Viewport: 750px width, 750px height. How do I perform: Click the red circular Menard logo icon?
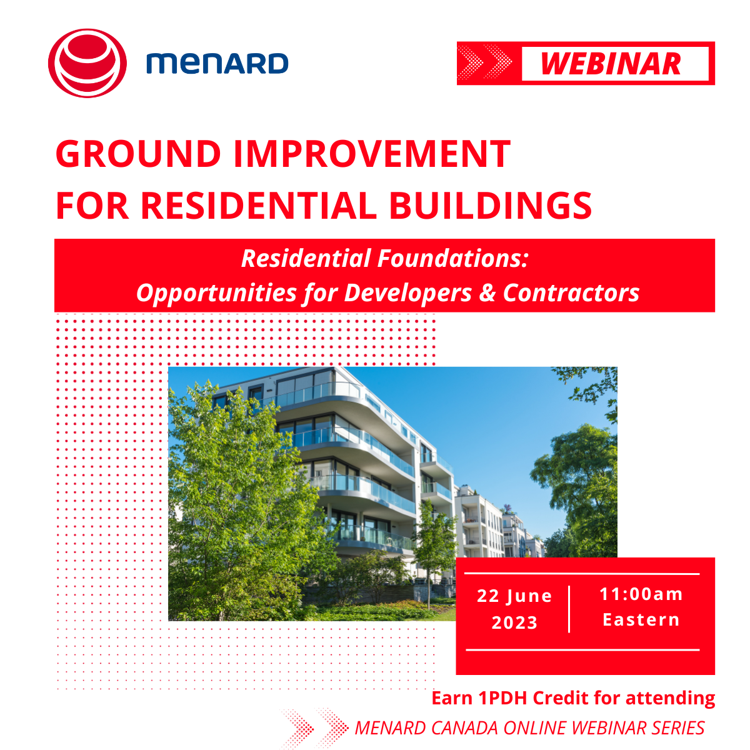[x=87, y=63]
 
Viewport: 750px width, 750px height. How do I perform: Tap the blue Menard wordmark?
[x=217, y=64]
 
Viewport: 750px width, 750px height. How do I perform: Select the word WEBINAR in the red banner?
[x=611, y=64]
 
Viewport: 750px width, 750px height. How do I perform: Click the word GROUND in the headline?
[x=138, y=154]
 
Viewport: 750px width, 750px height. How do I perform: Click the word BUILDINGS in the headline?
[x=491, y=206]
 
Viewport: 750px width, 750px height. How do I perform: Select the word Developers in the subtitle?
[x=408, y=292]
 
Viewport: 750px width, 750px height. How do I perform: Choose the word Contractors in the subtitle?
[x=571, y=292]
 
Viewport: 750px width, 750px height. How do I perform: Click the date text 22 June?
[x=514, y=596]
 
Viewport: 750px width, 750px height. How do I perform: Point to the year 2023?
[x=514, y=622]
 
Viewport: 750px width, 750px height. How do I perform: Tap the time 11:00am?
[x=641, y=594]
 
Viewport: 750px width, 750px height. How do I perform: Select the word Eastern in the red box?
[x=641, y=619]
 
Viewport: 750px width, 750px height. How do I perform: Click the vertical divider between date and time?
[x=569, y=609]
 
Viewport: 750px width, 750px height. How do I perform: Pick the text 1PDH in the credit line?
[x=504, y=698]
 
